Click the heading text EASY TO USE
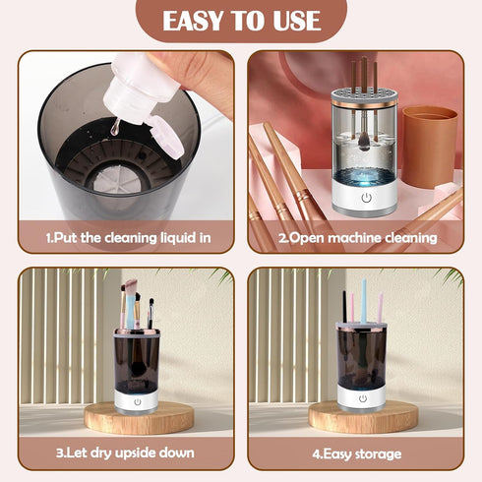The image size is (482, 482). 241,21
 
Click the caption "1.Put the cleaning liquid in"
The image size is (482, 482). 126,237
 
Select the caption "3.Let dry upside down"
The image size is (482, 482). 126,452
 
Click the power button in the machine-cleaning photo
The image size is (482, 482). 366,197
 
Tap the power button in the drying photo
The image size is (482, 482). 137,400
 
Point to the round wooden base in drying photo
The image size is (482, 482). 138,417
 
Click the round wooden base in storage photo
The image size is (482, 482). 363,417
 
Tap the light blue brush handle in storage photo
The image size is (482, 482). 363,300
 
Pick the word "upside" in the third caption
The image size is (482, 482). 137,452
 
